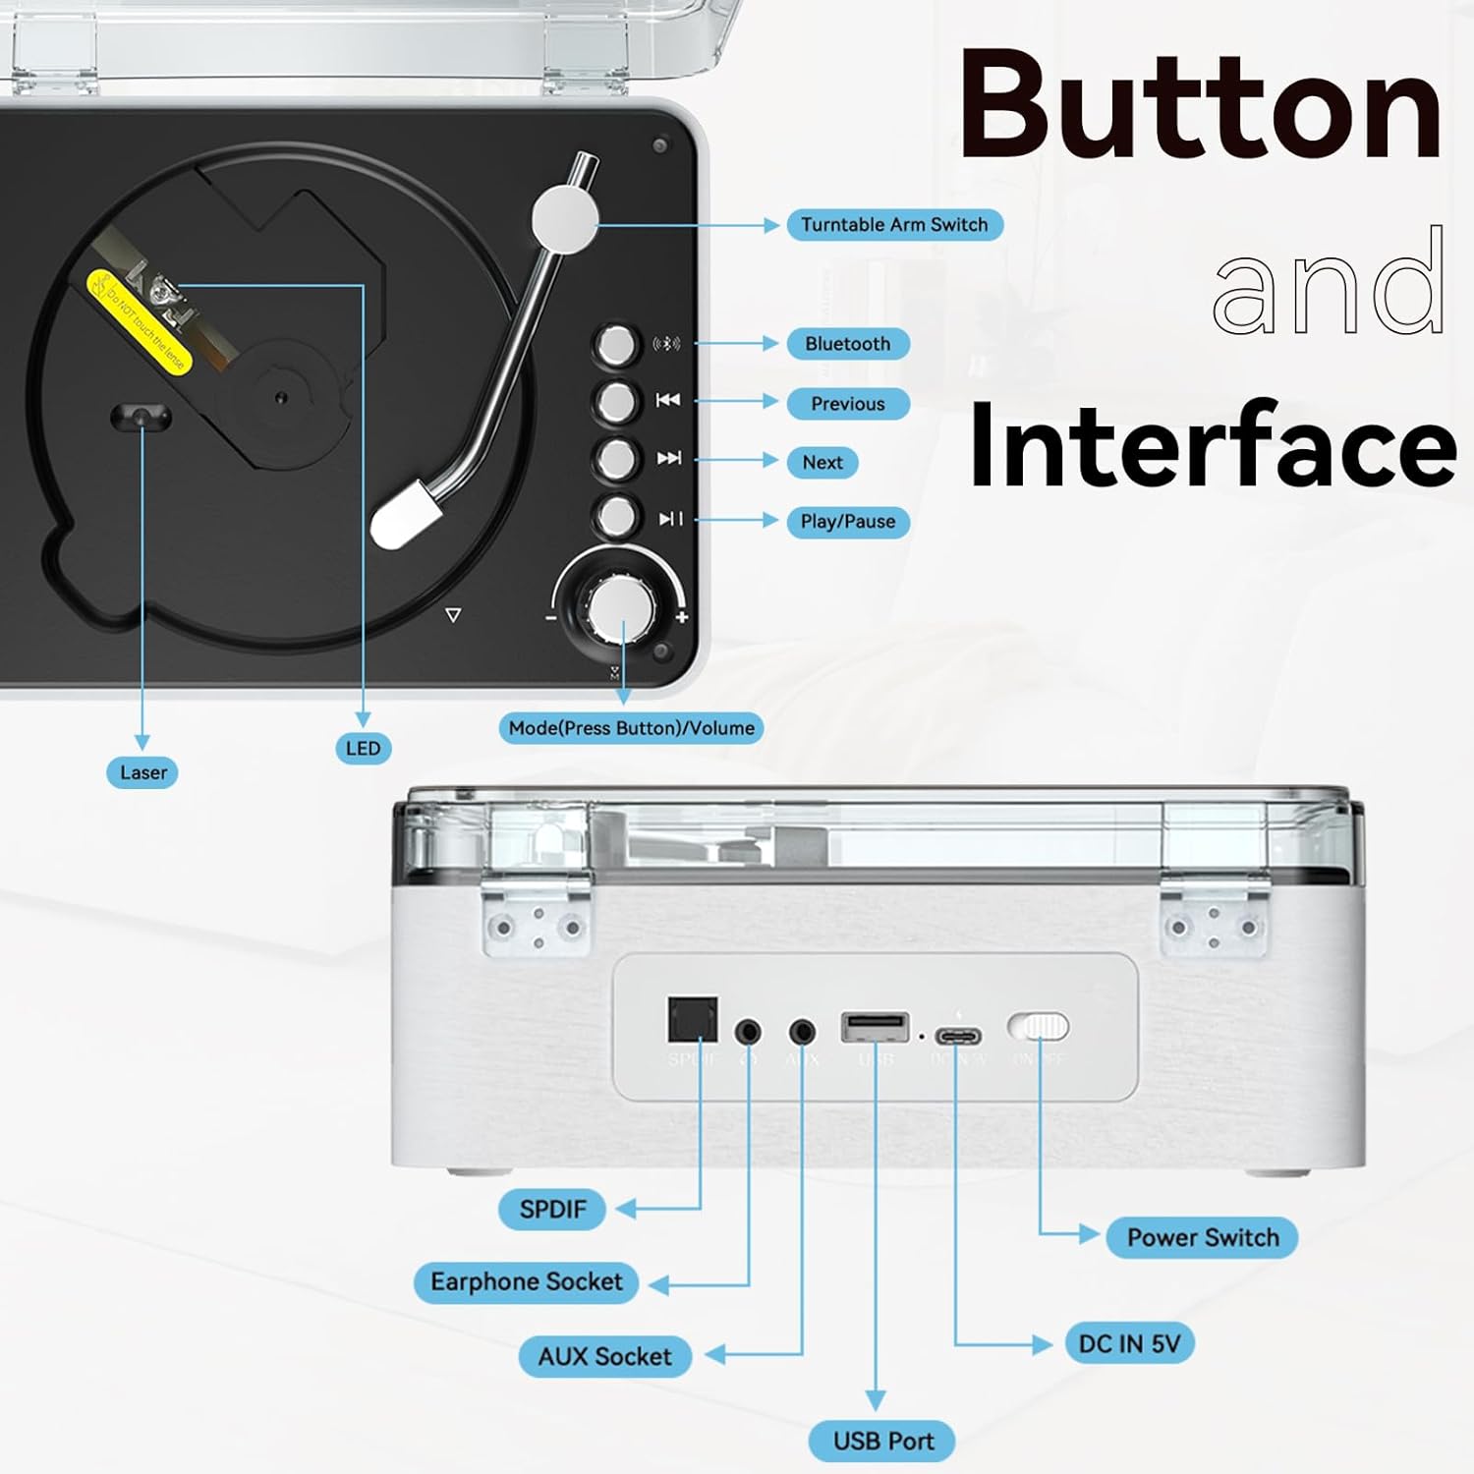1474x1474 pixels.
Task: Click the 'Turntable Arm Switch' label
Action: (x=894, y=225)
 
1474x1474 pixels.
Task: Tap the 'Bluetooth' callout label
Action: (x=847, y=344)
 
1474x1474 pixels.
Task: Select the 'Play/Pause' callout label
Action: (x=847, y=522)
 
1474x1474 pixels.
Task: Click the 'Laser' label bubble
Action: (x=142, y=772)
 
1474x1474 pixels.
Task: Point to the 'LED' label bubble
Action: (x=363, y=749)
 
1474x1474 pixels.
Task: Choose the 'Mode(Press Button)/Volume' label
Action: (x=631, y=728)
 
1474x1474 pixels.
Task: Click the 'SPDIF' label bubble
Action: (x=551, y=1209)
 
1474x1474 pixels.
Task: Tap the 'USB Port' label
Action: (x=882, y=1441)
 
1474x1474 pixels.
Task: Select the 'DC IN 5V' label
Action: (x=1129, y=1343)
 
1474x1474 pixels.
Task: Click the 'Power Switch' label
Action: (x=1202, y=1237)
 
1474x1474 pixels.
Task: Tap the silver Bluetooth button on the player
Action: (x=616, y=345)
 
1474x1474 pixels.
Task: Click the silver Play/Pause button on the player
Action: (x=616, y=516)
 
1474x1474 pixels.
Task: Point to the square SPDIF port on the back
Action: (x=693, y=1021)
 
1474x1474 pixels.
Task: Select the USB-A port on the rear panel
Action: (x=875, y=1028)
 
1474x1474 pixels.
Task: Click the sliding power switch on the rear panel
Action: (x=1038, y=1028)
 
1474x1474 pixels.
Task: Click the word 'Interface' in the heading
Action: (x=1212, y=447)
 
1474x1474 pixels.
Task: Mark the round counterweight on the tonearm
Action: (x=565, y=217)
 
